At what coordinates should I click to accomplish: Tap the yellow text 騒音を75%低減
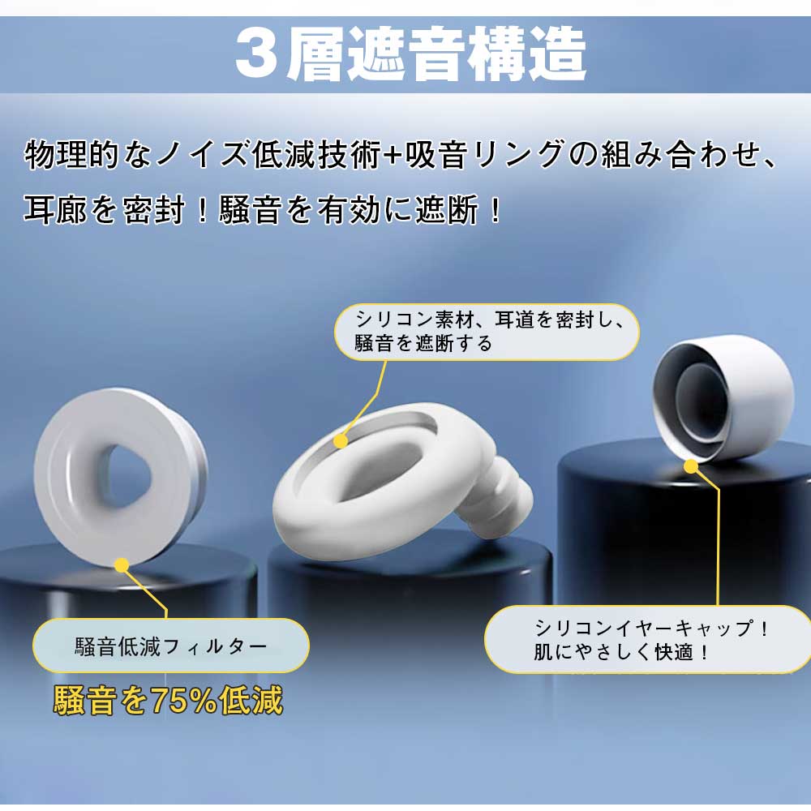(168, 700)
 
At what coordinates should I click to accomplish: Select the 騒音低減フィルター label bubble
(170, 646)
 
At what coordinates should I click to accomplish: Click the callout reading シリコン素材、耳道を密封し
(487, 332)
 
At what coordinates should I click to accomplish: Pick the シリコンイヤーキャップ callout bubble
(648, 639)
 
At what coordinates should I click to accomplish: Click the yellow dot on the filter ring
(122, 565)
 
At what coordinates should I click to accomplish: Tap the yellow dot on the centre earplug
(341, 441)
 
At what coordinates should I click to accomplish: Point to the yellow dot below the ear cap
(691, 466)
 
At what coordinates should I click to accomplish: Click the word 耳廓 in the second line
(55, 210)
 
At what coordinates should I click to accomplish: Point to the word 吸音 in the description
(436, 155)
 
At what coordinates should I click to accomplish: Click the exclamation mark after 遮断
(495, 210)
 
